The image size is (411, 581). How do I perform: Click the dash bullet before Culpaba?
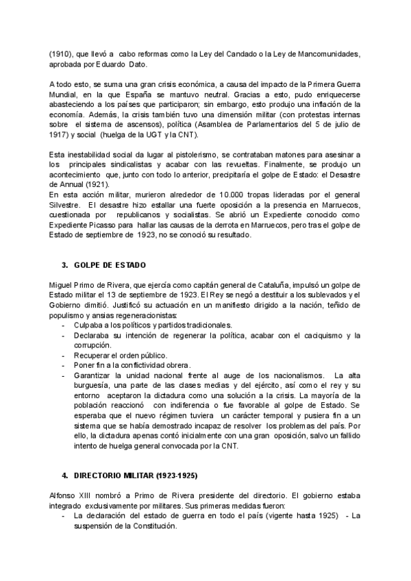(x=64, y=324)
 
